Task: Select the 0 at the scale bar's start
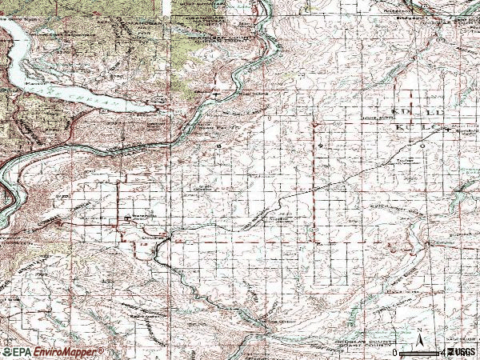click(394, 352)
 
